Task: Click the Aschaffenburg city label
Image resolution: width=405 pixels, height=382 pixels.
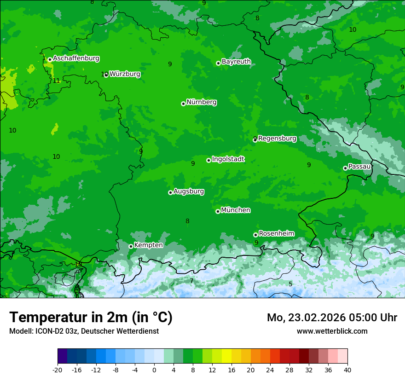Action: pos(76,58)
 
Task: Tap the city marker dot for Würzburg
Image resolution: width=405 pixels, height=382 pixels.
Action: pos(106,75)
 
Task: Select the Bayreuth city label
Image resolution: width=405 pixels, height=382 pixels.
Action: pos(236,62)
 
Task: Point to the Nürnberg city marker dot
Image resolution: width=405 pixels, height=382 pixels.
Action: pos(183,104)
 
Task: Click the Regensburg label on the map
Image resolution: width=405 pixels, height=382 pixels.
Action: pos(277,139)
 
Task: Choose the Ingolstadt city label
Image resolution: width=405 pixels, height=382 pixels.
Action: pos(228,159)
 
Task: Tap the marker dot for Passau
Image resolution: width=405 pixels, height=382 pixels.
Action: pos(345,168)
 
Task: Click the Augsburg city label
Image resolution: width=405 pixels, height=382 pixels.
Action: pos(189,191)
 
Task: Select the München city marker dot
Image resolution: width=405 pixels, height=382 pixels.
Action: pos(218,211)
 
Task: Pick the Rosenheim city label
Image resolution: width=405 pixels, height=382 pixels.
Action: pos(276,234)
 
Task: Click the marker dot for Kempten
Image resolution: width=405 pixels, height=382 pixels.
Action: pos(131,246)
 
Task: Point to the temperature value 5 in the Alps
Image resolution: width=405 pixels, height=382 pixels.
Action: pos(290,284)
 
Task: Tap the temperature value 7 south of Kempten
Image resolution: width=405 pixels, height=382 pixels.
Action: pos(191,281)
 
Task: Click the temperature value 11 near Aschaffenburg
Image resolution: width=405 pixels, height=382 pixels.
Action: pos(56,81)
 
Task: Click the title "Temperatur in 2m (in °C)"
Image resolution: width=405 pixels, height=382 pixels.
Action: pos(91,318)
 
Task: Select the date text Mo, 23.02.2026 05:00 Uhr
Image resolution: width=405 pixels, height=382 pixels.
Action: pos(332,318)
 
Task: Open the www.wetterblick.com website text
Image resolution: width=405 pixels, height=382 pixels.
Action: pos(332,331)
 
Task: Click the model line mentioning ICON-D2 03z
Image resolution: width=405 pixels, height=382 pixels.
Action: pos(84,331)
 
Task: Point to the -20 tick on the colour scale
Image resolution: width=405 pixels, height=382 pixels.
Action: pos(58,370)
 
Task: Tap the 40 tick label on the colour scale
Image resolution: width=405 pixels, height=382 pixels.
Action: pos(347,370)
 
